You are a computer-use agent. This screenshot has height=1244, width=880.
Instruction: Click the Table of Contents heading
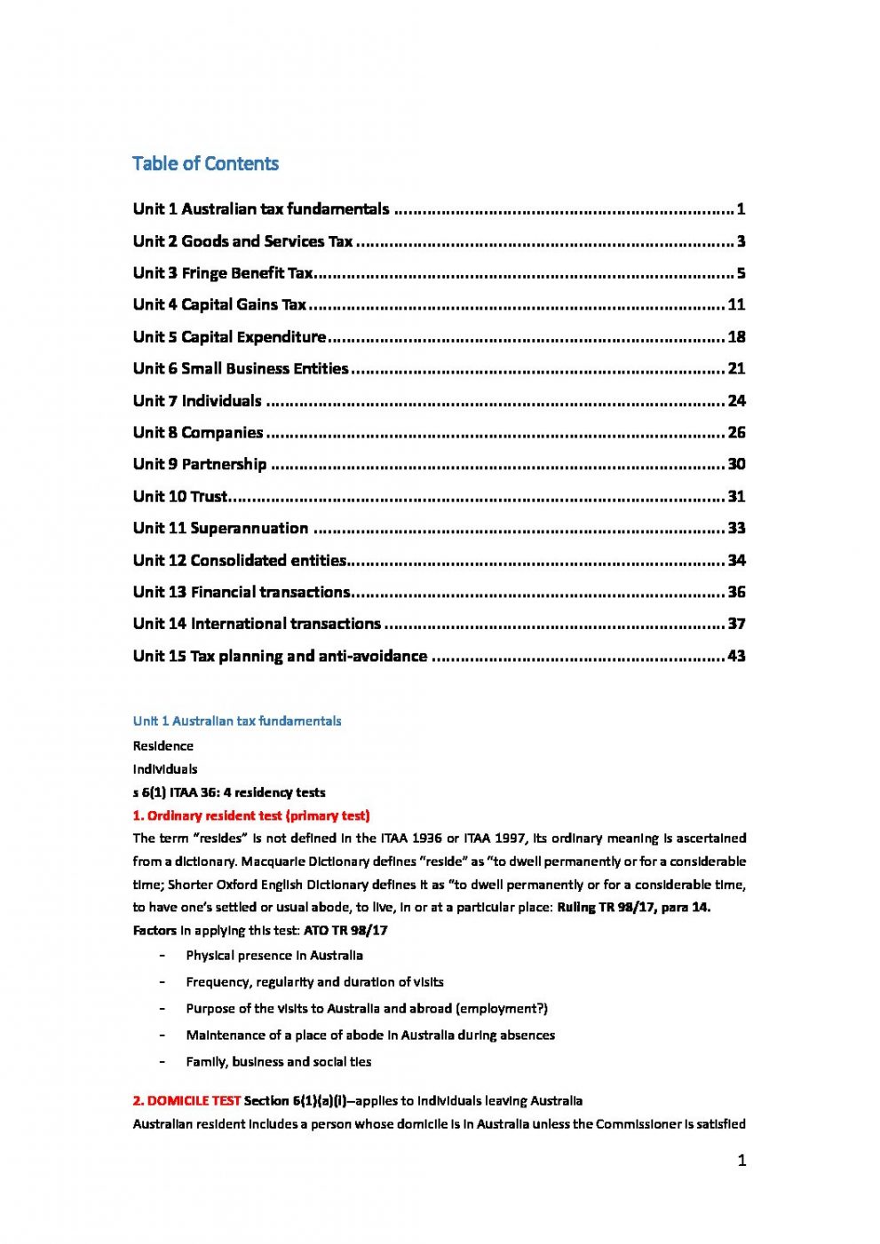205,163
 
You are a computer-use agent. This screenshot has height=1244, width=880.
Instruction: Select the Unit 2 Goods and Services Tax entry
242,241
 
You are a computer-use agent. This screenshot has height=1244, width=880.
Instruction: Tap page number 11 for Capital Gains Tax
736,304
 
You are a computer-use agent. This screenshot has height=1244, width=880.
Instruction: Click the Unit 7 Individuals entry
197,401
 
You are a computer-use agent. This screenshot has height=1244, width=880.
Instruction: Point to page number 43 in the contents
736,657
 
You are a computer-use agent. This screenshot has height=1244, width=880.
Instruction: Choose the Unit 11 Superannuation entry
220,528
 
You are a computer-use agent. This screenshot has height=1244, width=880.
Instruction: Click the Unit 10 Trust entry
180,497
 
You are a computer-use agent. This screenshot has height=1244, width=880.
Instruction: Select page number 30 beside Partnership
736,464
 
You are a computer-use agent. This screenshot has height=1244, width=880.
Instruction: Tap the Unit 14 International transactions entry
257,624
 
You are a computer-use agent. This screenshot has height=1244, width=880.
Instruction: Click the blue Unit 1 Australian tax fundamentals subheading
236,721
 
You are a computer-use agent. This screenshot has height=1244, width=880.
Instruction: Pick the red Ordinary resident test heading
251,815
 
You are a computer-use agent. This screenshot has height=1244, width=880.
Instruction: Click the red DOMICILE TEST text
186,1100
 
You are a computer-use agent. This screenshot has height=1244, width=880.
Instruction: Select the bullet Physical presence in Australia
274,956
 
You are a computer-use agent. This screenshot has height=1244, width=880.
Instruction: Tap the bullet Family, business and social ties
278,1061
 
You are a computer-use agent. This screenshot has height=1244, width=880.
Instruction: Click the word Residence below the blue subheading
163,746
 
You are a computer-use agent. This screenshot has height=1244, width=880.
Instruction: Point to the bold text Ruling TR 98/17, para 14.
633,907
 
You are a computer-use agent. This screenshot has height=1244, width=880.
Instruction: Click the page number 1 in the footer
741,1161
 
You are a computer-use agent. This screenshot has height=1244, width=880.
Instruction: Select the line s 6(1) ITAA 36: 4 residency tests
229,792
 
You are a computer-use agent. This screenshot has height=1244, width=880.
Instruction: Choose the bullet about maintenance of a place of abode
369,1035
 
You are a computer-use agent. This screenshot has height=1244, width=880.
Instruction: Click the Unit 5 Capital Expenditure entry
229,337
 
